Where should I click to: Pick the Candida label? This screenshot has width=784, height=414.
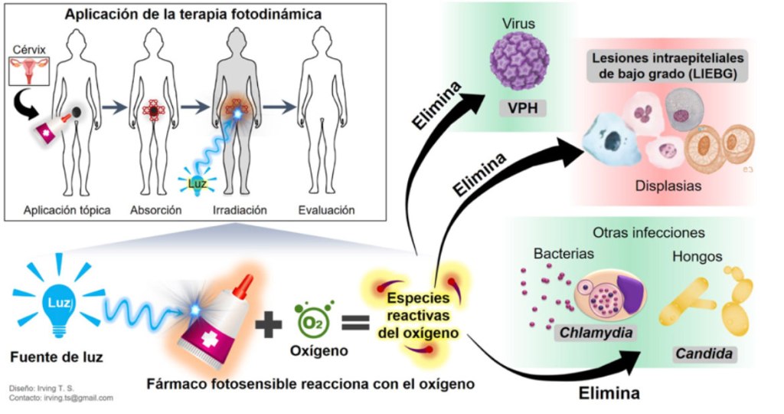pos(702,354)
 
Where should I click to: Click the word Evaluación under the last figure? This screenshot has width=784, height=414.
pos(327,209)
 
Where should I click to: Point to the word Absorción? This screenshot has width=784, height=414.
pos(155,209)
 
